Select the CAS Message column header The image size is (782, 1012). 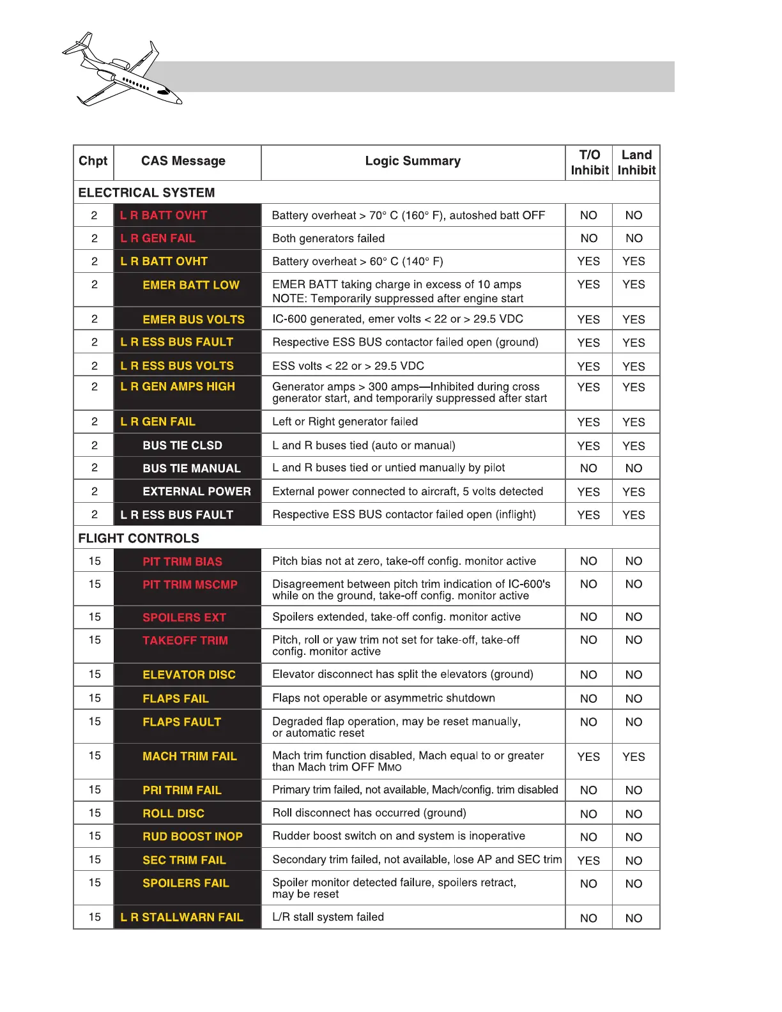pos(183,161)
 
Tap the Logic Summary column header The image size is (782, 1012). pos(413,161)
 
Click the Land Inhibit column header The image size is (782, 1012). pos(636,162)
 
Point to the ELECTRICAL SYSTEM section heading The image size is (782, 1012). pos(146,193)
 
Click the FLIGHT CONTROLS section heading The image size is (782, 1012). pos(139,539)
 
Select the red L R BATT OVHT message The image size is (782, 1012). pos(164,215)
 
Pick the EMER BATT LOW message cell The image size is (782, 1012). pos(191,285)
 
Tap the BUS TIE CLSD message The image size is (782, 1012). pos(183,445)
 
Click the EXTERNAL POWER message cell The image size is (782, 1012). pos(197,491)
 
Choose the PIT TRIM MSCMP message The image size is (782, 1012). pos(190,585)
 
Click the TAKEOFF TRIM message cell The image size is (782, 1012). pos(185,640)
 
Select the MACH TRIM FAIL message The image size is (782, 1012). pos(190,756)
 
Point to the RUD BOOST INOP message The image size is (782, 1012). pos(192,836)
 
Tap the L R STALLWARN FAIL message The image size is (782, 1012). pos(182,917)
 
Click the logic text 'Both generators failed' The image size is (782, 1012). pos(328,238)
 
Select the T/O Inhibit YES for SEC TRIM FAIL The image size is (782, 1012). pos(588,861)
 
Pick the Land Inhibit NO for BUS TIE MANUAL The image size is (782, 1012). pos(634,468)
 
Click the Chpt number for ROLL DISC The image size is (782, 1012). pos(95,813)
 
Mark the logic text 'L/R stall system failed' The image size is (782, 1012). pos(328,917)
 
